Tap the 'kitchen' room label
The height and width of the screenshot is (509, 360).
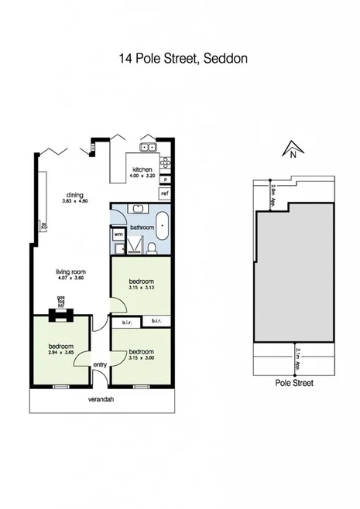[x=142, y=169]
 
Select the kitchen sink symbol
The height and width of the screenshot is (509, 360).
[x=148, y=146]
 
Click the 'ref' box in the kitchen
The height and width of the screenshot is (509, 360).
[x=165, y=193]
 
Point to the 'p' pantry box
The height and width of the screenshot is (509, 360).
[x=165, y=179]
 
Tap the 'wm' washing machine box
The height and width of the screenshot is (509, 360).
[x=118, y=233]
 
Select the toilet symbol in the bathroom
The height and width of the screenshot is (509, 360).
[x=153, y=247]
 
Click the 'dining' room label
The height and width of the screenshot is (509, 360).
[x=75, y=196]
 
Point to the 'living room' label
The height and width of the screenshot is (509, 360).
[x=70, y=272]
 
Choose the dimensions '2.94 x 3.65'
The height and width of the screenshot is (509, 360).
[x=61, y=352]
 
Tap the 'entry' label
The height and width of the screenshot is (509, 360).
[x=101, y=365]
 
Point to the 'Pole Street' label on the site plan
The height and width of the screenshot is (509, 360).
[x=294, y=382]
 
